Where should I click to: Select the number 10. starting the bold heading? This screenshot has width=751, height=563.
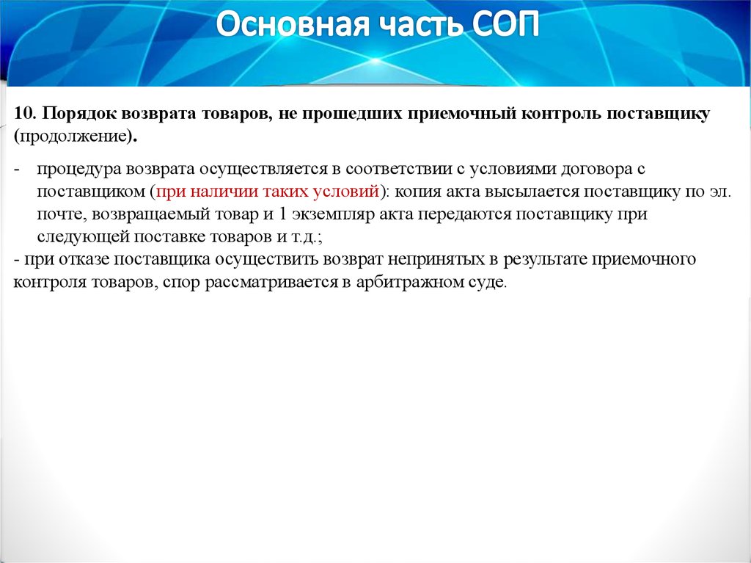coord(25,114)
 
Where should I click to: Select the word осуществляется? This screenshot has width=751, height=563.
coord(268,170)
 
